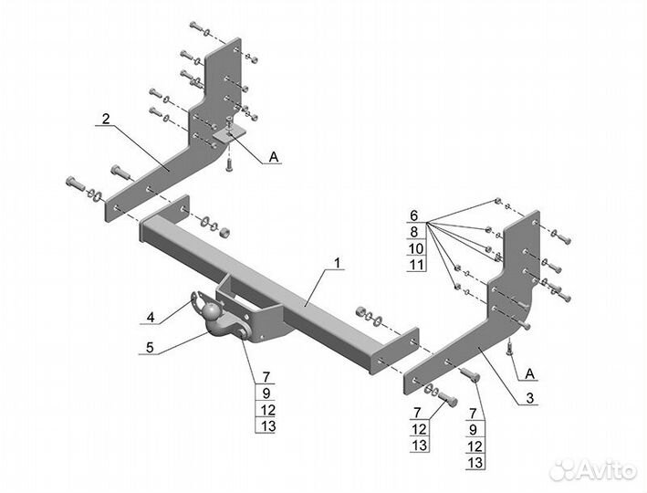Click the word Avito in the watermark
pos(607,470)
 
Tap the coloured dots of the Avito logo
pos(563,469)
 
